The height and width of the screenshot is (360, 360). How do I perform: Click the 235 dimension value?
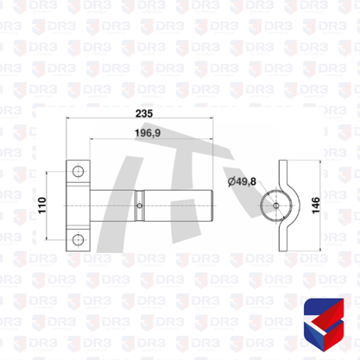144,113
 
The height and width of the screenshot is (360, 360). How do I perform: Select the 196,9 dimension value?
148,133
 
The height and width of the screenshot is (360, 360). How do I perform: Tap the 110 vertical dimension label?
42,205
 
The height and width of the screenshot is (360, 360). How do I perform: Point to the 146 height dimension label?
316,205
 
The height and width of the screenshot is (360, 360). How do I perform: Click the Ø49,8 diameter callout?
242,181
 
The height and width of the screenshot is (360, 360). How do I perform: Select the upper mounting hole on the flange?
78,172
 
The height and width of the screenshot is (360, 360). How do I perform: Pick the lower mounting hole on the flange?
78,239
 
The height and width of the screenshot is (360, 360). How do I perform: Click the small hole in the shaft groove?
140,205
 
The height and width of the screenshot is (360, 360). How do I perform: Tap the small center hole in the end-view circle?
276,205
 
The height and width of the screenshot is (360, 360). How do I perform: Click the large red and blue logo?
324,325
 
